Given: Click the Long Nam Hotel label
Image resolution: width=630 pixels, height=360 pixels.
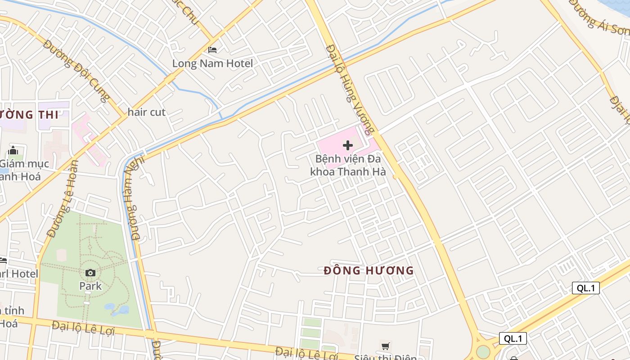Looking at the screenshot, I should click(212, 63).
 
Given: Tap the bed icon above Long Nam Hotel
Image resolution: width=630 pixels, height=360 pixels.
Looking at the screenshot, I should click(212, 50).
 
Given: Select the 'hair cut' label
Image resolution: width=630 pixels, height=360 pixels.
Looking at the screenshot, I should click(147, 112).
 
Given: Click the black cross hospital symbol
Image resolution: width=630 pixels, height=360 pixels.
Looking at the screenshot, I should click(348, 145).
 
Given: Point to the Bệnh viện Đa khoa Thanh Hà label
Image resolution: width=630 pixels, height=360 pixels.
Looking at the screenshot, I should click(348, 165).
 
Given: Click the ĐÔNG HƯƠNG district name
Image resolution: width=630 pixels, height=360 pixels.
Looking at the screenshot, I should click(369, 270).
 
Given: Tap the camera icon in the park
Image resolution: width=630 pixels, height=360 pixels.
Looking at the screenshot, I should click(90, 273).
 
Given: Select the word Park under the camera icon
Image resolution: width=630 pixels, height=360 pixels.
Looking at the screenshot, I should click(90, 286).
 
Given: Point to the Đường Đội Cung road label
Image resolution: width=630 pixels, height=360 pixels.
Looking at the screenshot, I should click(77, 72).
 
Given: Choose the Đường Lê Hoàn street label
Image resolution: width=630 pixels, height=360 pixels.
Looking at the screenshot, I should click(63, 198).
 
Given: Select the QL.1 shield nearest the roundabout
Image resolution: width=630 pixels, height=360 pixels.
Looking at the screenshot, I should click(513, 338).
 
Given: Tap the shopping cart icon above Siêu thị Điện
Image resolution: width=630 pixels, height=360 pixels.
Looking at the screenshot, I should click(385, 346).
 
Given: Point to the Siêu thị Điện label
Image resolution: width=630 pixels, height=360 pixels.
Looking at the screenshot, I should click(385, 357).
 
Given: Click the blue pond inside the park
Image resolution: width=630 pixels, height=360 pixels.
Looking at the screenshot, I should click(118, 310).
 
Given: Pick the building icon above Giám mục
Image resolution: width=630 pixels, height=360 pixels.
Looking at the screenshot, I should click(13, 150).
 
